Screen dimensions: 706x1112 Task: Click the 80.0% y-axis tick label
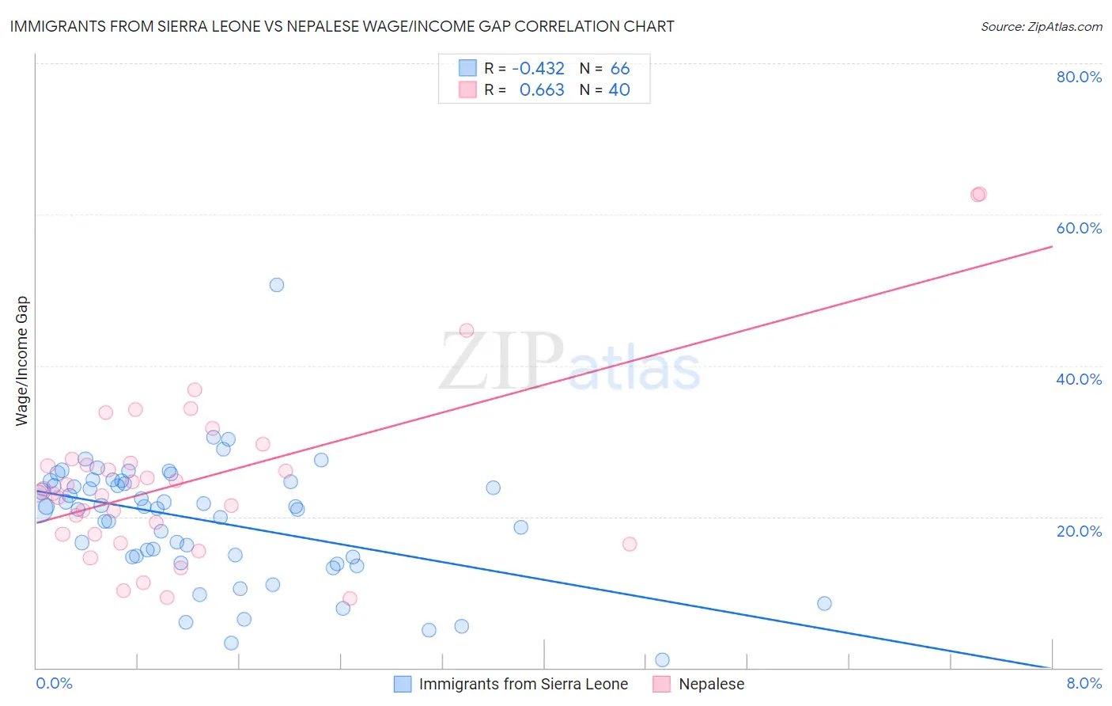(x=1079, y=77)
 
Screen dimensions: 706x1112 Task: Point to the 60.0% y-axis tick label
(x=1079, y=228)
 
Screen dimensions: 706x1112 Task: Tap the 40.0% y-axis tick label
(x=1079, y=379)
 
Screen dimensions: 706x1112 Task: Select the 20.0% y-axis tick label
(x=1079, y=530)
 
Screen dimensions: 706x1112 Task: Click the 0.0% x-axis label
(x=54, y=683)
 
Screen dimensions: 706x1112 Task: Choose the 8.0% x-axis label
(x=1084, y=683)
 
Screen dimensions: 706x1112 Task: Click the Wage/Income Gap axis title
(x=21, y=361)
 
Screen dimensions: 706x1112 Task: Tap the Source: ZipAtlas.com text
(x=1041, y=26)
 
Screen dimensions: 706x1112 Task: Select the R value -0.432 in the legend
(x=538, y=69)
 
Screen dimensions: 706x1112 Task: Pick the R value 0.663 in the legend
(x=542, y=90)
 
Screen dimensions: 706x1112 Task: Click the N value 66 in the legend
(x=620, y=69)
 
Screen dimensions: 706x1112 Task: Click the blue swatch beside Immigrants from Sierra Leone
(x=403, y=684)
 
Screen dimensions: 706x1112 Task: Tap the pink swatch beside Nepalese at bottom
(x=662, y=684)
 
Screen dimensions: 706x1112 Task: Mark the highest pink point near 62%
(x=978, y=194)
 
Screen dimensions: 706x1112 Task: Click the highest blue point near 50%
(x=277, y=285)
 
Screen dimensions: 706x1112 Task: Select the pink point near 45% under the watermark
(x=467, y=331)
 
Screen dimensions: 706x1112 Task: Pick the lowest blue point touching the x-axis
(x=662, y=660)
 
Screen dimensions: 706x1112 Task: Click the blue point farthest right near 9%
(x=824, y=603)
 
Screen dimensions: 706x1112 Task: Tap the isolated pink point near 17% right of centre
(x=630, y=544)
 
